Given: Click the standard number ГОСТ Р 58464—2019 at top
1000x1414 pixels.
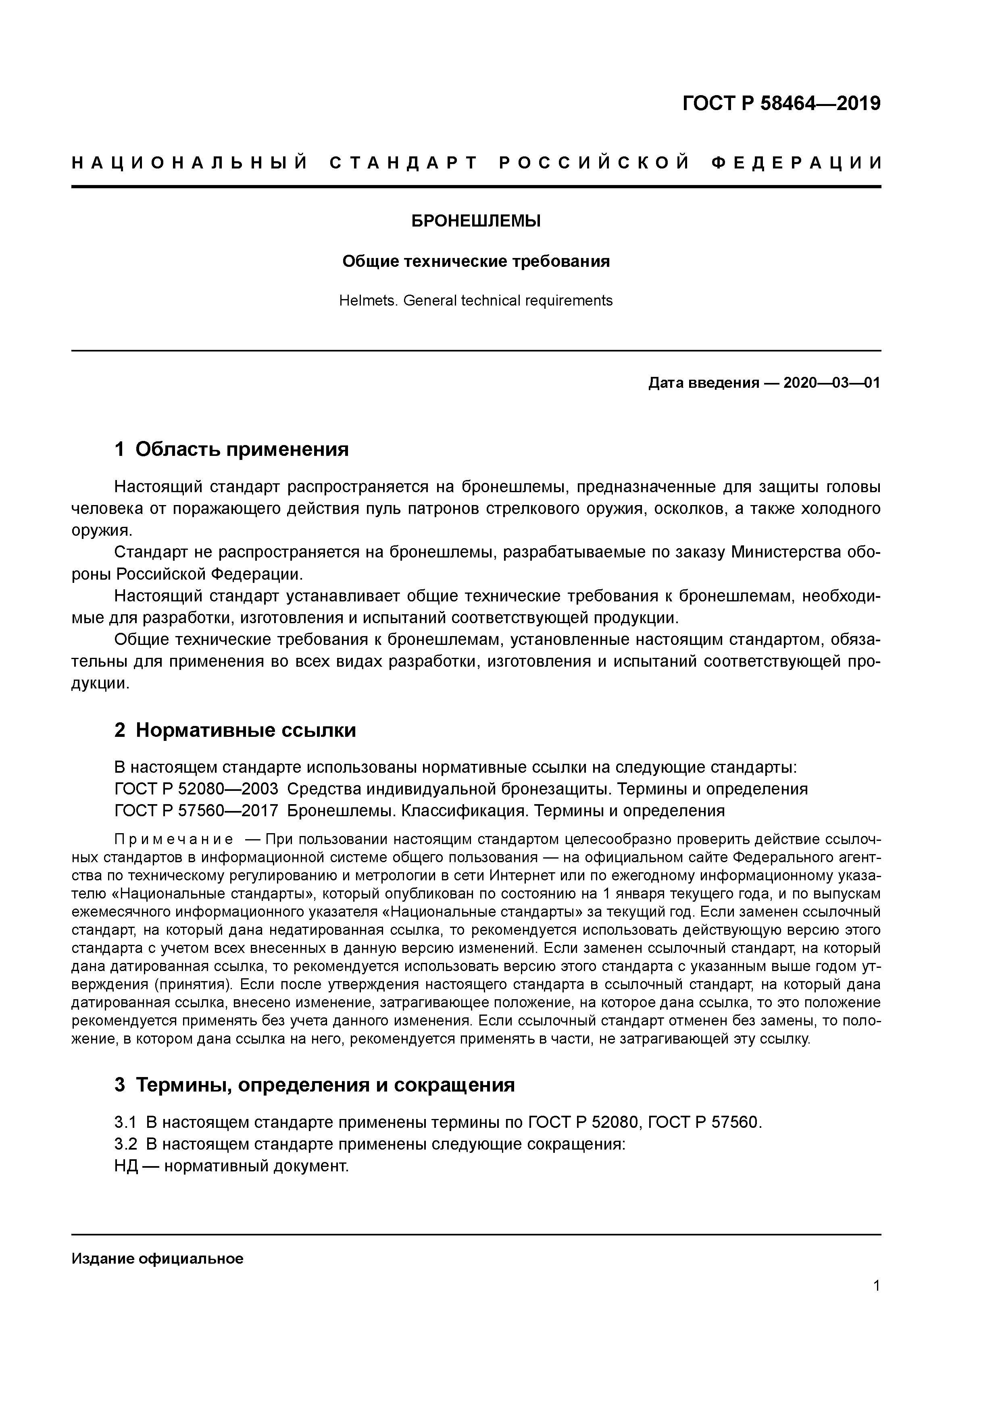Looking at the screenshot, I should point(781,104).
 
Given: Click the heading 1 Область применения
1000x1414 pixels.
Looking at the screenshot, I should point(232,449).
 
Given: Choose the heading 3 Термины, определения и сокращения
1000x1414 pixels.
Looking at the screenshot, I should point(314,1085).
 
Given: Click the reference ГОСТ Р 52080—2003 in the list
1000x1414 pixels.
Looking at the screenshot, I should point(196,789).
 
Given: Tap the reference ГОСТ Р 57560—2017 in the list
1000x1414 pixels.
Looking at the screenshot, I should point(196,811).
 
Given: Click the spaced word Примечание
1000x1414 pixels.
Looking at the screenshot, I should point(174,840).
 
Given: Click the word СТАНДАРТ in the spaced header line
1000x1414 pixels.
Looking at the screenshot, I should point(404,163).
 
